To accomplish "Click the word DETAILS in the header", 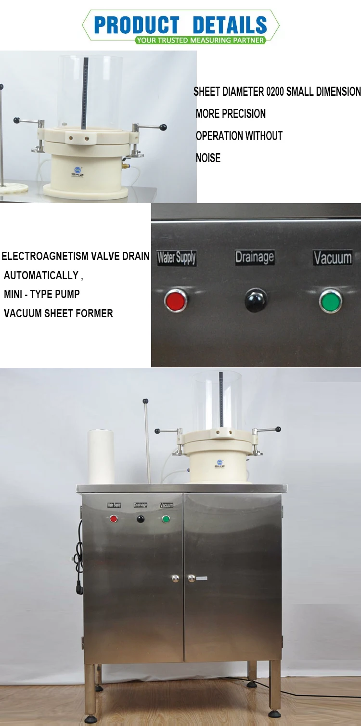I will point(230,25).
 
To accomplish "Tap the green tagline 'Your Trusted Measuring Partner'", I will point(200,40).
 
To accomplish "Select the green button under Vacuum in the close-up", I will point(331,300).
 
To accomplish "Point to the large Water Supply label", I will point(177,258).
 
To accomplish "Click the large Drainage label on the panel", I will point(254,257).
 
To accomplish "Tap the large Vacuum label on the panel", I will point(332,258).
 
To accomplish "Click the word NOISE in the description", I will point(208,158).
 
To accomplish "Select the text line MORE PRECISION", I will point(231,114).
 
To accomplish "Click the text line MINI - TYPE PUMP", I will point(42,294).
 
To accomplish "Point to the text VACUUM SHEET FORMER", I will point(58,313).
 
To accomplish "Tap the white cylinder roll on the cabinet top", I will point(101,456).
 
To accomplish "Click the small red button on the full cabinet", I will point(114,519).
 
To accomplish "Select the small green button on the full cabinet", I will point(166,519).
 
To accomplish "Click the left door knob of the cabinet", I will point(176,578).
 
